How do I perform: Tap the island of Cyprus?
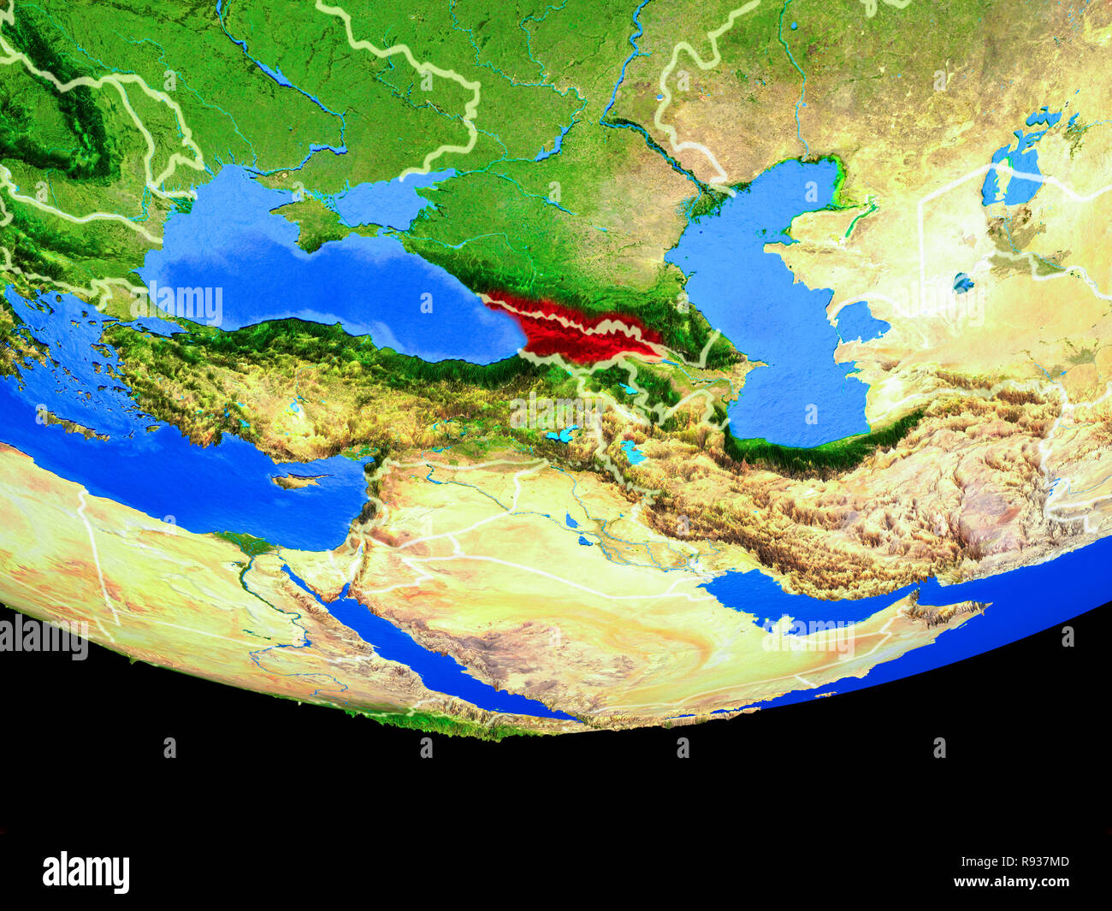tap(299, 481)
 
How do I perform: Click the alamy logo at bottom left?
tap(86, 872)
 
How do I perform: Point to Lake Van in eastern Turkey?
tap(561, 435)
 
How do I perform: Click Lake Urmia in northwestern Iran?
tap(632, 453)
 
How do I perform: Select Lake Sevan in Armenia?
tap(629, 389)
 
